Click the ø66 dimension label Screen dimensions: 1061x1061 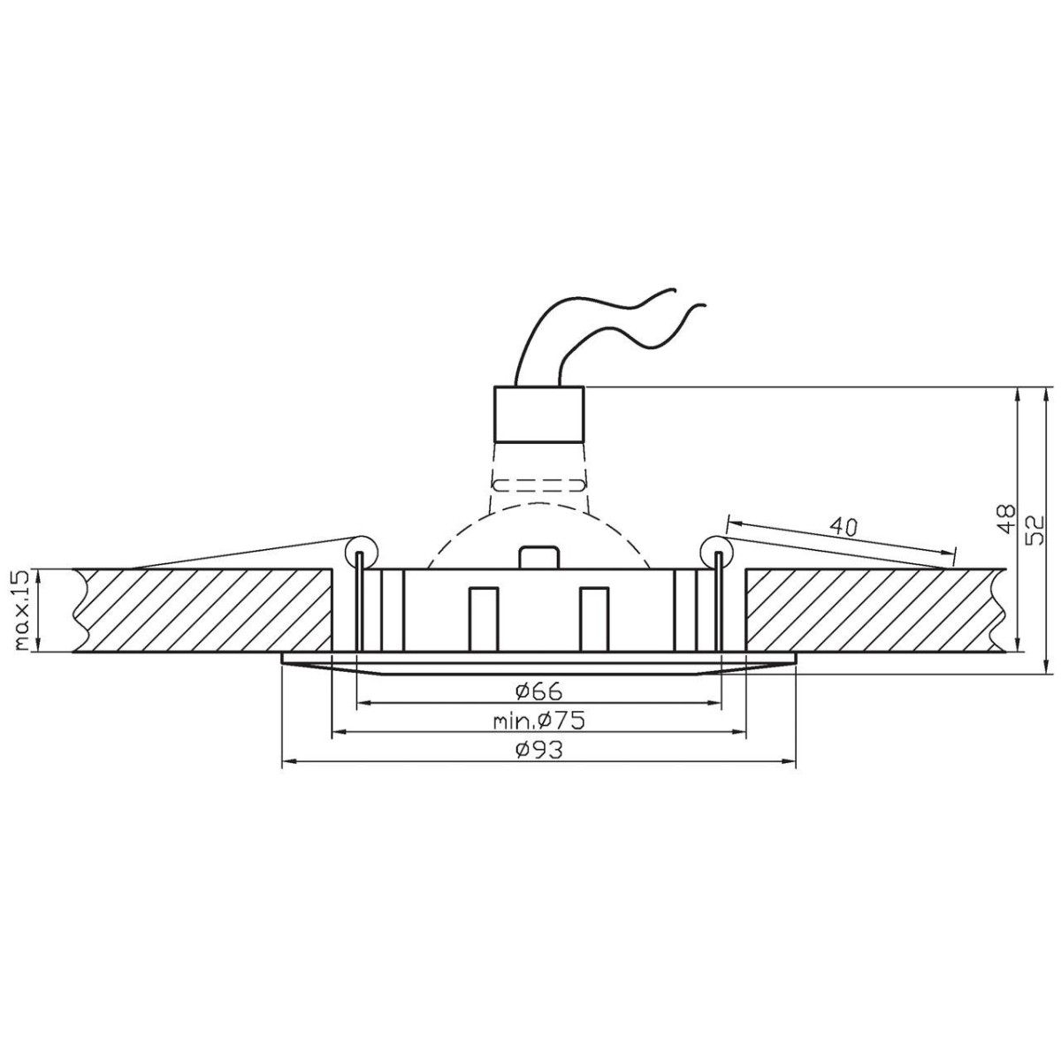539,691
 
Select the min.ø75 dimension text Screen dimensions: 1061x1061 538,721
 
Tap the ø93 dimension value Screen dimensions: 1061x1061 539,750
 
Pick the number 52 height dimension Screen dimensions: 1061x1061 1035,530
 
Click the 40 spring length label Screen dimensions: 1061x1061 843,527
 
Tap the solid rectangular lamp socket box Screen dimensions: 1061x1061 539,414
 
